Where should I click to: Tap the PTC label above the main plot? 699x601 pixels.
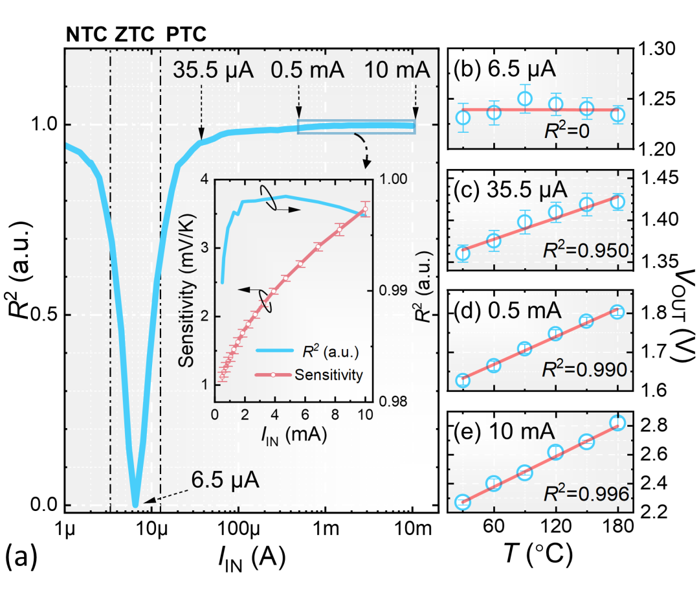click(x=187, y=34)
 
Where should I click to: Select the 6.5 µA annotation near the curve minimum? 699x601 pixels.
click(x=226, y=481)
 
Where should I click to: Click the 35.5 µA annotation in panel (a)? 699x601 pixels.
click(x=214, y=69)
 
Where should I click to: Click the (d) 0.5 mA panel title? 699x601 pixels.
click(x=507, y=312)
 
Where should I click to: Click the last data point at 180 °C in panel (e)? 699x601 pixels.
click(x=617, y=423)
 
